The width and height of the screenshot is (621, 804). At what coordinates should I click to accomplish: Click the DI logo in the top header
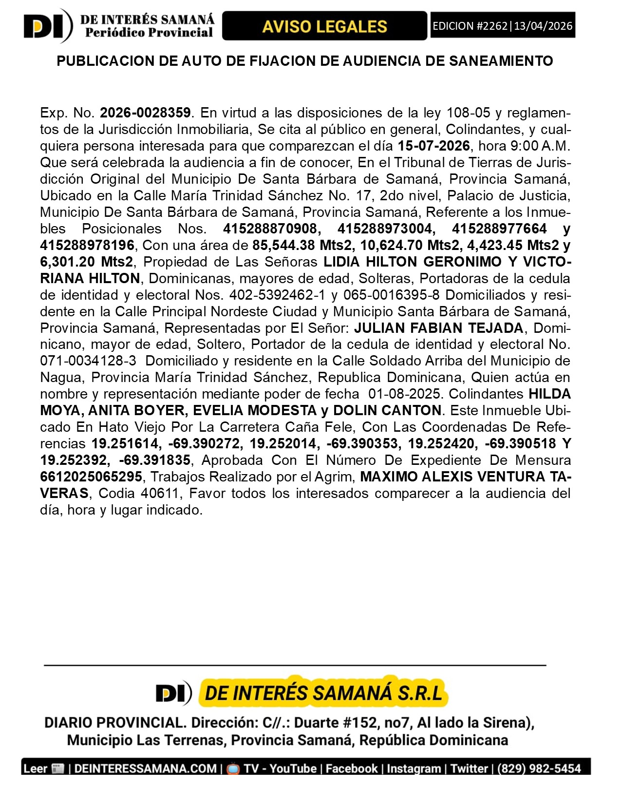(47, 26)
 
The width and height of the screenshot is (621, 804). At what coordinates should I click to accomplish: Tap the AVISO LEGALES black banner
(324, 26)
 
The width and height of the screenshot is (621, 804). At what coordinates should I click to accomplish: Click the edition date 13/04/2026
(543, 26)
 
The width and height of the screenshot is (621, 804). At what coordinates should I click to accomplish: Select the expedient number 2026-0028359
(145, 113)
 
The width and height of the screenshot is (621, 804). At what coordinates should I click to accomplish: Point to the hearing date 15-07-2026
(433, 146)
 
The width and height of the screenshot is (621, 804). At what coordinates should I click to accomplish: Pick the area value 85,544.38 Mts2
(302, 245)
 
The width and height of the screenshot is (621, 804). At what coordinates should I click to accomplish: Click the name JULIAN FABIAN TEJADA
(438, 328)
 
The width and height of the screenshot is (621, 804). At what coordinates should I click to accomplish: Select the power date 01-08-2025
(406, 394)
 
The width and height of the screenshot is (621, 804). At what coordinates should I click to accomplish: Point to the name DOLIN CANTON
(387, 411)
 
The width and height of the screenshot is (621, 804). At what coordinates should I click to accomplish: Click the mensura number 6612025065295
(91, 477)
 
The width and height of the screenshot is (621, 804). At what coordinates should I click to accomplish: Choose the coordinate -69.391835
(155, 460)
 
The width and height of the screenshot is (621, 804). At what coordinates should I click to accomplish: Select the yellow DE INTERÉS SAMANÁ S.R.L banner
(323, 692)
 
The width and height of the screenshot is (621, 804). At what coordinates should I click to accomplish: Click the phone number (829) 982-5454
(539, 769)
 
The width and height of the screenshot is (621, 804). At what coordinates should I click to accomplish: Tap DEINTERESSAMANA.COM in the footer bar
(146, 769)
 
